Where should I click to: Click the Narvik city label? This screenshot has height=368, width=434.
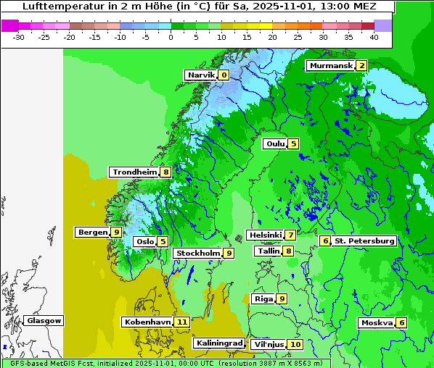click(200, 75)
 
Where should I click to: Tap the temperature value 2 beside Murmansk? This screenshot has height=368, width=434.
click(361, 66)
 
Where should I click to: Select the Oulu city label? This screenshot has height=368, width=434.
click(274, 143)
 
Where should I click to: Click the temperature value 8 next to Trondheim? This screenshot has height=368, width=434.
click(166, 172)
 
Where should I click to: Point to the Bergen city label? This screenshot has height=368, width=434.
click(91, 233)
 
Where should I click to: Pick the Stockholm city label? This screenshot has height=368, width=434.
click(197, 254)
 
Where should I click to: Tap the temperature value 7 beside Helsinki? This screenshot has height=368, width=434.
click(290, 235)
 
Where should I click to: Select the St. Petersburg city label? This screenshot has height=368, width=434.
click(364, 241)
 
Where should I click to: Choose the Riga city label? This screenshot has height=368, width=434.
click(262, 299)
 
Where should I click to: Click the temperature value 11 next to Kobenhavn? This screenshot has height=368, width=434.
click(181, 322)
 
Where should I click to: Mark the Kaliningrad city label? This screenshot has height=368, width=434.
click(218, 343)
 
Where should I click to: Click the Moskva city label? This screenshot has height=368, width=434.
click(376, 323)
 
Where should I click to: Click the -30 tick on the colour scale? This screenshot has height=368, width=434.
click(19, 37)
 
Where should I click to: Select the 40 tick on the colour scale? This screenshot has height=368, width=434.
click(373, 37)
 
